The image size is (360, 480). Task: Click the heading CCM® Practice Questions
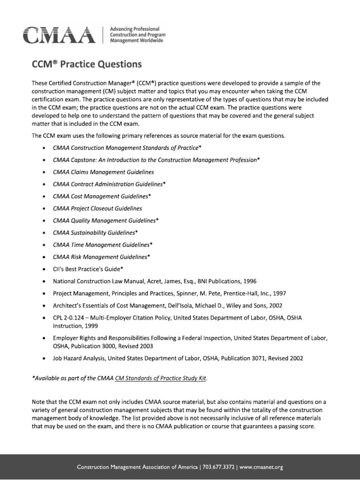(x=86, y=63)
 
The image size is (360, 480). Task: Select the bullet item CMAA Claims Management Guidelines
(x=103, y=172)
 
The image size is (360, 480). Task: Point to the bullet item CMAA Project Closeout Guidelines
(x=97, y=208)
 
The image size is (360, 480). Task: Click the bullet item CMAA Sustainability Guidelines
(x=95, y=232)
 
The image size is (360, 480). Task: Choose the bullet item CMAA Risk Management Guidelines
(x=102, y=257)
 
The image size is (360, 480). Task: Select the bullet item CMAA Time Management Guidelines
(x=103, y=245)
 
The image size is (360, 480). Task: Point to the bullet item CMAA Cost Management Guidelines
(x=102, y=196)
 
